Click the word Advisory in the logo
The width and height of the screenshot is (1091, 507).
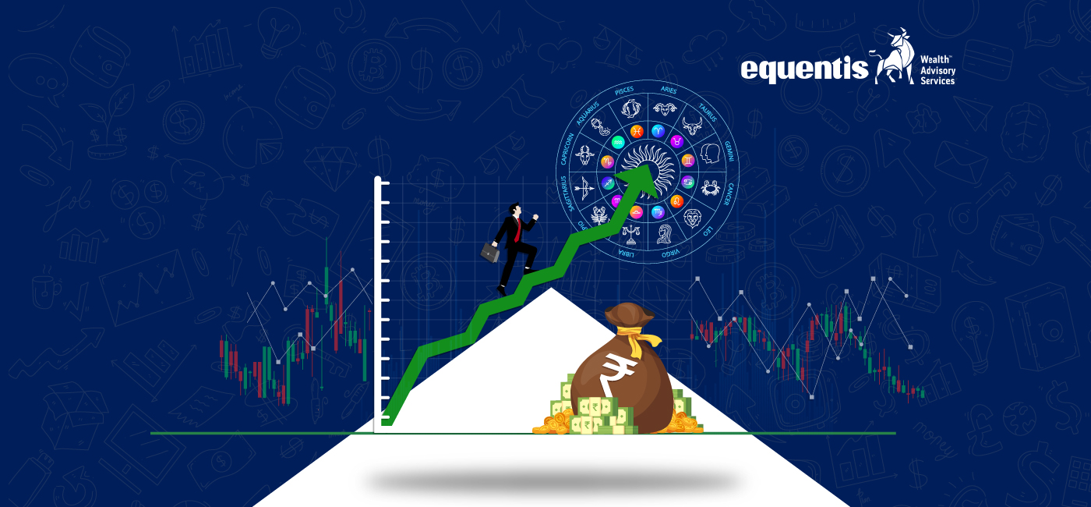tap(938, 70)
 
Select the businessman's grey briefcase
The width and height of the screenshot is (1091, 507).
tap(489, 251)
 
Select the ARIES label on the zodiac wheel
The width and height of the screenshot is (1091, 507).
tap(669, 90)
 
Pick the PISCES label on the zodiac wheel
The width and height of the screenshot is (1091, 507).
tap(625, 90)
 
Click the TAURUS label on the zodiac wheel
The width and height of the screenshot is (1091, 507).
tap(707, 112)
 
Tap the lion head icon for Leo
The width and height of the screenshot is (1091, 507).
tap(692, 218)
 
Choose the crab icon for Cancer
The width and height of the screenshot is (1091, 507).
tap(710, 187)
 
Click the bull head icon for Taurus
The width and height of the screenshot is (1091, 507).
tap(692, 125)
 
